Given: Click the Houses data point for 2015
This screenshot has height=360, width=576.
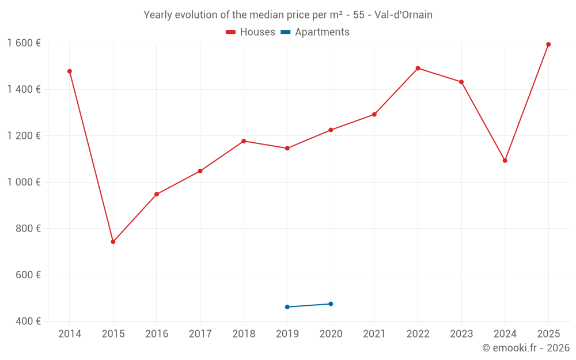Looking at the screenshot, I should [x=113, y=242].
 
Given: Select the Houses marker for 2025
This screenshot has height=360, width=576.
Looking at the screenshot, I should [x=548, y=44].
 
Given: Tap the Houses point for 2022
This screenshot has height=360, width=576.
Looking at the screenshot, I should [x=418, y=68].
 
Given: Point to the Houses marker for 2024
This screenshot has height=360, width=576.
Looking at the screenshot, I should [x=505, y=161].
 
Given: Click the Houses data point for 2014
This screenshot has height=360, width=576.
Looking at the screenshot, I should [x=70, y=71].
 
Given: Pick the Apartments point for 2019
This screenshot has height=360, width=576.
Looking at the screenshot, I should [x=287, y=307].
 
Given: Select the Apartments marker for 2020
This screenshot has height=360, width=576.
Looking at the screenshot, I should [x=331, y=304].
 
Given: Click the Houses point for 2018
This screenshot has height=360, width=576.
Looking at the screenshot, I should [x=244, y=141].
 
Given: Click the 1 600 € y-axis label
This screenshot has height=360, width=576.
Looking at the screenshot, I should [x=24, y=43].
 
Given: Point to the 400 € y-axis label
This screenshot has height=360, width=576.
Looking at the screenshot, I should [x=28, y=321].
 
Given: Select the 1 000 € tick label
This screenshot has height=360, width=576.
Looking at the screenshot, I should [x=24, y=182].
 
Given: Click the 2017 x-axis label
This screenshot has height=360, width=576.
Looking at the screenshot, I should [x=200, y=334].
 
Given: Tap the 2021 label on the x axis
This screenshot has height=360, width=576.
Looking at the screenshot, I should [x=374, y=334].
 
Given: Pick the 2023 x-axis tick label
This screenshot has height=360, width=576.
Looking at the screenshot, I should [x=461, y=334].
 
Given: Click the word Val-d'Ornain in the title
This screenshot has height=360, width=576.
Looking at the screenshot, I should [x=403, y=15].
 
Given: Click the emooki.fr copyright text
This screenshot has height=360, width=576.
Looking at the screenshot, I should [x=525, y=348].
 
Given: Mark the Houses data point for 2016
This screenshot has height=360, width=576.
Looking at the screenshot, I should [x=157, y=194].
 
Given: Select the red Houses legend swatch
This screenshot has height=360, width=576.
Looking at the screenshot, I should [x=231, y=32].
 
